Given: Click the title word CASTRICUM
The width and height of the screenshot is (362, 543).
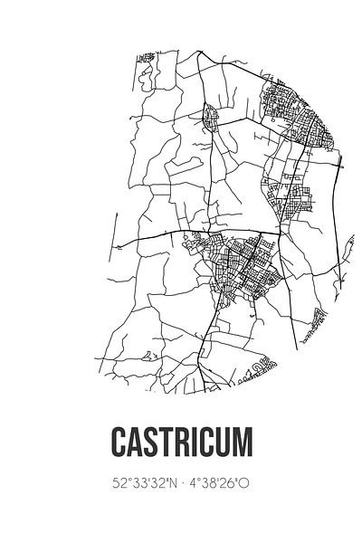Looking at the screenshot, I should pyautogui.click(x=181, y=441).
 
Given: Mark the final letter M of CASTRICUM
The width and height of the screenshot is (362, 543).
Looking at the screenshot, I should pyautogui.click(x=248, y=441).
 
